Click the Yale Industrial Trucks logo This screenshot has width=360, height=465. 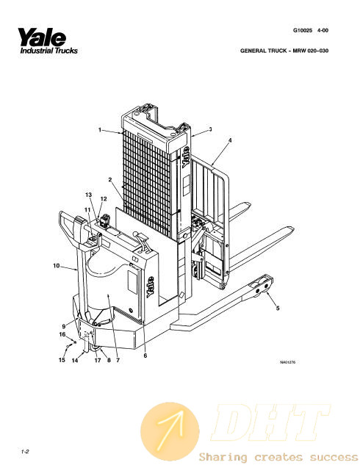pos(48,41)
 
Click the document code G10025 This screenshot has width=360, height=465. pos(303,30)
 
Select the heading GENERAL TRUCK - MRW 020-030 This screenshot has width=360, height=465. pos(284,51)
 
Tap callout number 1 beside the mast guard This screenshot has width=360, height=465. pos(100,129)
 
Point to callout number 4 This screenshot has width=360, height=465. pos(230,140)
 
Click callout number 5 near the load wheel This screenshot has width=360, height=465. pos(278,308)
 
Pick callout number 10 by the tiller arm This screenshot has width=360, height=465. pos(57,266)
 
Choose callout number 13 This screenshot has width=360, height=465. pos(88,195)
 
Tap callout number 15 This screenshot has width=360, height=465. pos(62,360)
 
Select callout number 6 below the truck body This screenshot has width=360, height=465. pos(145,356)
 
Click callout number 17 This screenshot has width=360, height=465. pos(98,360)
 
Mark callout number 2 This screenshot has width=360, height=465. pos(110,179)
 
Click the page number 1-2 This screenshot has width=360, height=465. pos(25,452)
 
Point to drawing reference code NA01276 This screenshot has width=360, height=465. pos(287,362)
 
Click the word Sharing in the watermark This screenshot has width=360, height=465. pos(223,457)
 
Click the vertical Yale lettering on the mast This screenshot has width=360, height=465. pos(185,157)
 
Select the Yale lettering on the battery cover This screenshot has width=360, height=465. pos(151,287)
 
